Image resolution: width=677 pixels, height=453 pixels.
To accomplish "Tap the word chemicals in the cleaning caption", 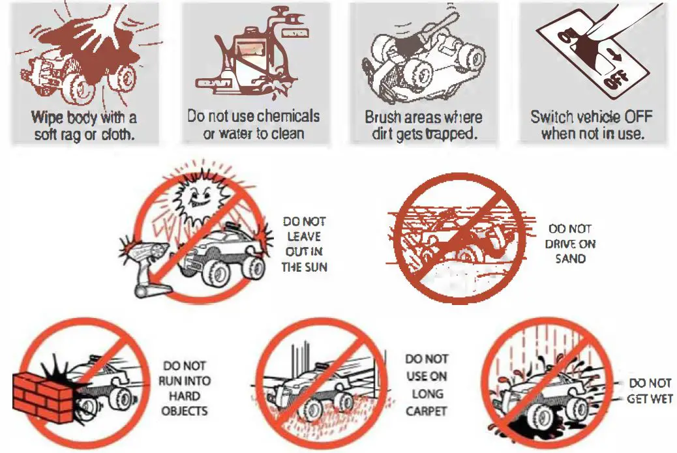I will [x=286, y=117].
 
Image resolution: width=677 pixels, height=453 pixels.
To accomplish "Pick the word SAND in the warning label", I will [x=571, y=258].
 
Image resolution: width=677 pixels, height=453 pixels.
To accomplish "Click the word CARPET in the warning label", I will [x=426, y=411].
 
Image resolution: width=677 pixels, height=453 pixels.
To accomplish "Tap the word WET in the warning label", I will [x=661, y=398].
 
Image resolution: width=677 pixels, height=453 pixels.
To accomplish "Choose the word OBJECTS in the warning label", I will [x=185, y=411].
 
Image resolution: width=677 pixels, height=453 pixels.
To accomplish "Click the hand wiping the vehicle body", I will [x=107, y=26].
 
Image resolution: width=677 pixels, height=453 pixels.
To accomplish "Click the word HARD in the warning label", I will [x=185, y=396].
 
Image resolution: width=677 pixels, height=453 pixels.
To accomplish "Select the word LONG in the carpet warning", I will [x=427, y=394].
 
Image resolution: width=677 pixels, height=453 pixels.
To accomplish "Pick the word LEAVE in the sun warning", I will [x=304, y=237].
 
